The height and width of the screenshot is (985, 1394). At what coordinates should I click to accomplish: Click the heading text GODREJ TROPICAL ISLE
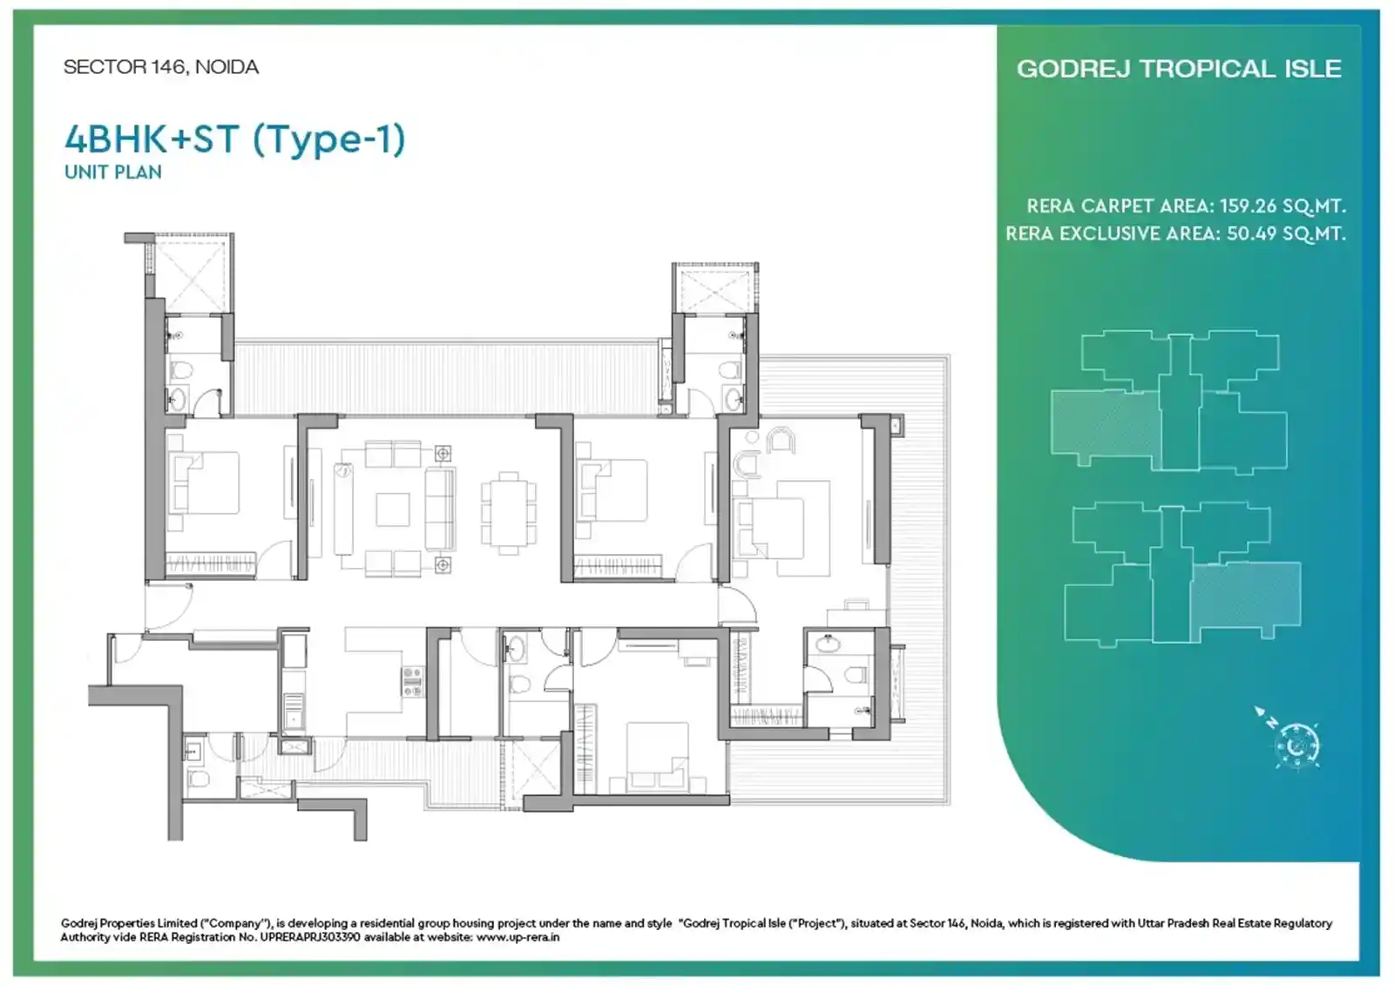pos(1179,69)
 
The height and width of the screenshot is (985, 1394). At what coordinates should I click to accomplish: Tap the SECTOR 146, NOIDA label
pos(161,67)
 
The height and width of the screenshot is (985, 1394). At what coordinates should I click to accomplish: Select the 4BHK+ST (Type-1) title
pos(235,138)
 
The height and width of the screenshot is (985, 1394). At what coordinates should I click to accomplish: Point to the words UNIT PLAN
pos(113,172)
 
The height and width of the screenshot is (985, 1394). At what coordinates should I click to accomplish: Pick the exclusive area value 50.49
pos(1251,233)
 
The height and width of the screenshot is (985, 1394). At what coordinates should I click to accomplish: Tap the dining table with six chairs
pos(509,513)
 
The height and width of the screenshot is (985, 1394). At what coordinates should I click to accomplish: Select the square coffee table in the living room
pos(393,509)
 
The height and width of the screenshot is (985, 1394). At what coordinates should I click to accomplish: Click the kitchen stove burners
pos(413,681)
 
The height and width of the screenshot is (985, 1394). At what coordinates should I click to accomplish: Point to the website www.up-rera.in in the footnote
pos(518,937)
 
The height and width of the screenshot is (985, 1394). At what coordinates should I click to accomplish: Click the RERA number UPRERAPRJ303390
pos(310,937)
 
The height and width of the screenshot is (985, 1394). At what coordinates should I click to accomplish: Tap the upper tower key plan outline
pos(1168,402)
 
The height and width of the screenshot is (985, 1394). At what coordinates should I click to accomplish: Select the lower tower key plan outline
pos(1182,576)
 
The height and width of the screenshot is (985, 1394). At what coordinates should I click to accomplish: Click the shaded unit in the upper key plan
pos(1106,429)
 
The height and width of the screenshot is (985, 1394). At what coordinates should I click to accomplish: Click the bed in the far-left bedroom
pos(204,482)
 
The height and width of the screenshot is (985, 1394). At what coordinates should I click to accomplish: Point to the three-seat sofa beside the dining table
pos(440,509)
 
